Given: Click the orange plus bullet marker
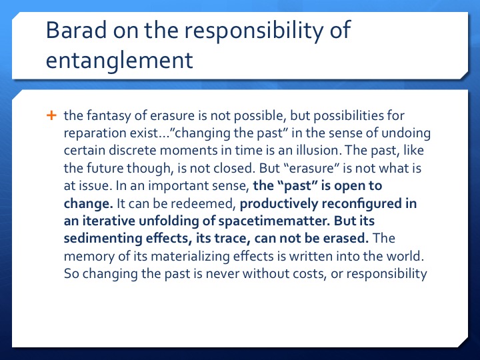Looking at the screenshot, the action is pyautogui.click(x=51, y=115).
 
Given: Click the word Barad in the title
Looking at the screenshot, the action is pyautogui.click(x=76, y=30).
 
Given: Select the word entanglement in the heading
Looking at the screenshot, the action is pyautogui.click(x=119, y=60).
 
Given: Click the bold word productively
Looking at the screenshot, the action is pyautogui.click(x=279, y=204).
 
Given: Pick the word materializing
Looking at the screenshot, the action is pyautogui.click(x=190, y=256).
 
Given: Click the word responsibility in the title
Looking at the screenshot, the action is pyautogui.click(x=254, y=31).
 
